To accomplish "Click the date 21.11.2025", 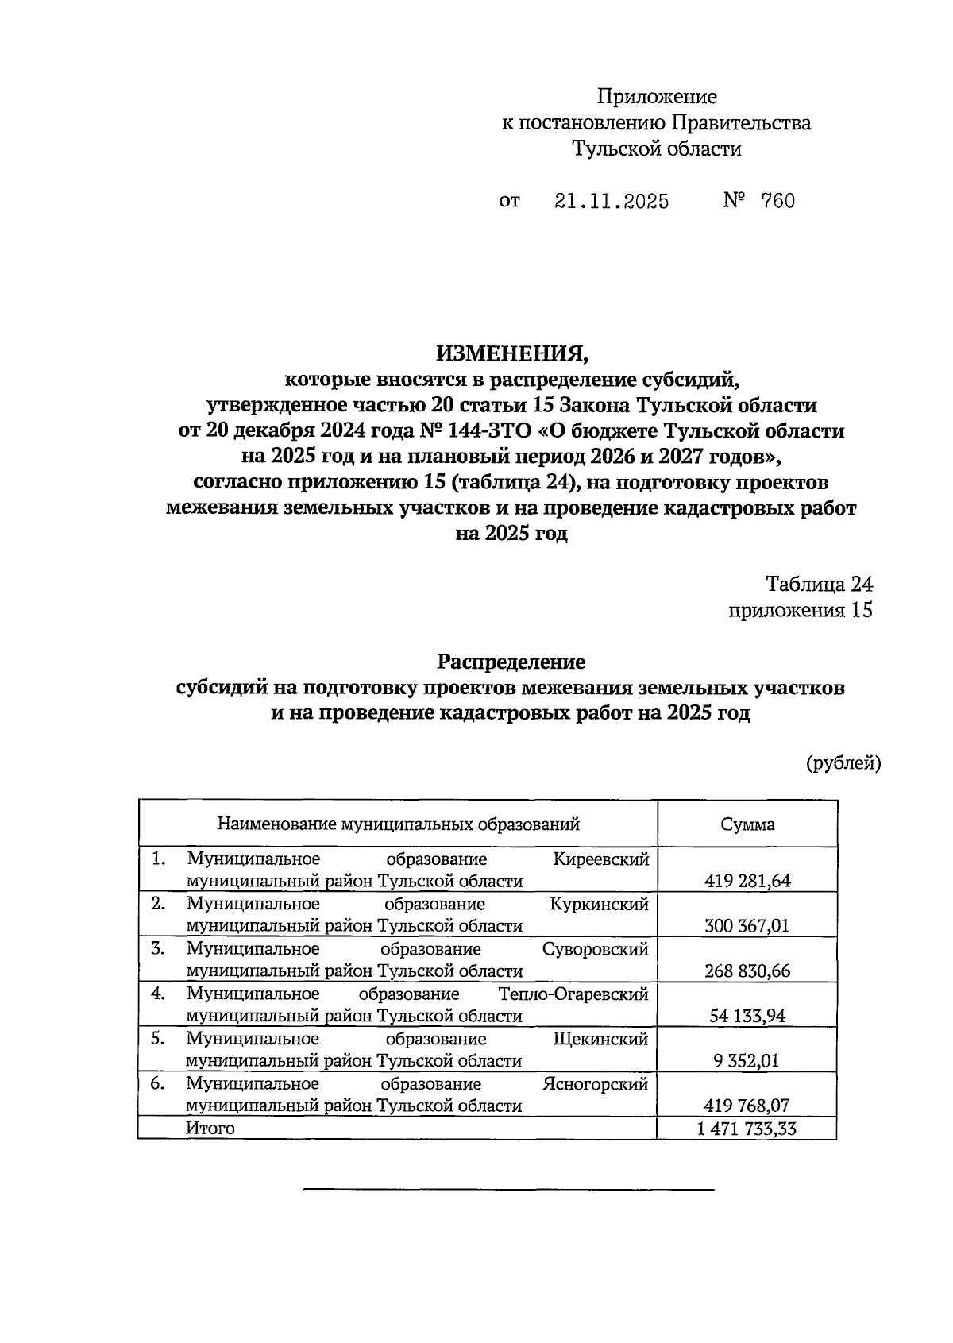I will coord(611,202).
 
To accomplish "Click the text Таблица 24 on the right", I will coord(819,585).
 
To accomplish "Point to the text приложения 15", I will coord(800,610).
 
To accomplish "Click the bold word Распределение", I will coord(511,662).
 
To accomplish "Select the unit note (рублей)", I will coord(843,763).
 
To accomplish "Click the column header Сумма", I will coord(747,824).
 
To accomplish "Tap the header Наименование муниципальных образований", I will coord(398,824).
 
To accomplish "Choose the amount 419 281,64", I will coord(747,881).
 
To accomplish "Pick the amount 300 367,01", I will coord(747,926).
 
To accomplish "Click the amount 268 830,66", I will coord(747,971).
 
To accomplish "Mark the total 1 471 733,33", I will coord(747,1129).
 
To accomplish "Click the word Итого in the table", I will coord(210,1129).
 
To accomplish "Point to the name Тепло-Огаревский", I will coord(573,994).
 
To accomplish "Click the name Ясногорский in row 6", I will coord(595,1084).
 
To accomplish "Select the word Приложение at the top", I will coord(657,97).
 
